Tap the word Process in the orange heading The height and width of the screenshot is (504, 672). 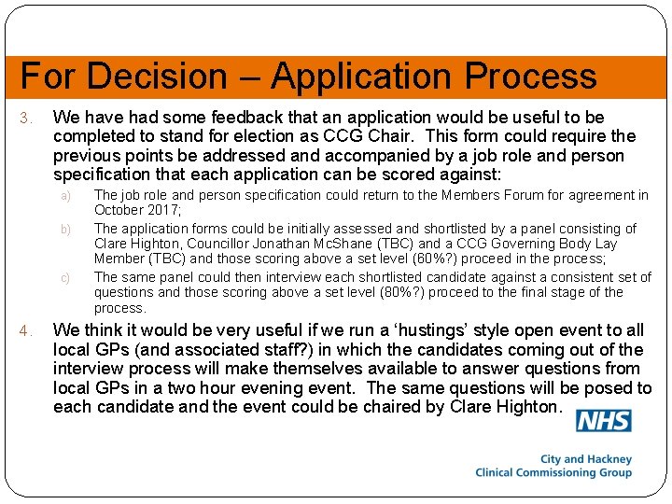[534, 76]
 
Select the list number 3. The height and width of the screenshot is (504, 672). [27, 119]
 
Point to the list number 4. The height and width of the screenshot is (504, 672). [27, 330]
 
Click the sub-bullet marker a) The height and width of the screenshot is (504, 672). [66, 196]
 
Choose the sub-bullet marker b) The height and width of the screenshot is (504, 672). [66, 229]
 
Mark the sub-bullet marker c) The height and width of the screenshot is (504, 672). [66, 277]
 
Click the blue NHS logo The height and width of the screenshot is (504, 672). [603, 421]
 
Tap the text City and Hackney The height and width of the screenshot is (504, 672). [586, 459]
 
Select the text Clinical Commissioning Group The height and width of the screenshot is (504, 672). [553, 472]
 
